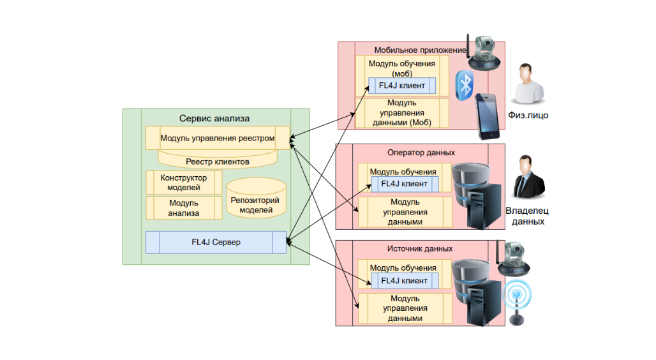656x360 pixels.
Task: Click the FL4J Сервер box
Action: coord(216,243)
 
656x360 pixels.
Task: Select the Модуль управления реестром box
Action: coord(218,138)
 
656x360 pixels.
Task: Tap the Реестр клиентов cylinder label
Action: coord(218,161)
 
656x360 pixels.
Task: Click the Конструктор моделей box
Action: coord(184,183)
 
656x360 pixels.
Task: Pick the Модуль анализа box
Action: coord(184,208)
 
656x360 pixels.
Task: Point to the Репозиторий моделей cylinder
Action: coord(256,198)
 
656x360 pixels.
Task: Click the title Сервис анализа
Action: coord(214,119)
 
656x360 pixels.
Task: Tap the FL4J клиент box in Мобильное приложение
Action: coord(402,86)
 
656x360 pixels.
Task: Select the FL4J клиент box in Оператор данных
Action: coord(405,184)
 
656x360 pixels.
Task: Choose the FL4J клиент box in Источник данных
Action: coord(405,280)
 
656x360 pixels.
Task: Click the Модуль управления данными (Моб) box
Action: coord(402,113)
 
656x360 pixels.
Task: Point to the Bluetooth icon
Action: coord(465,86)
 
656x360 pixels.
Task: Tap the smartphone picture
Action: coord(488,116)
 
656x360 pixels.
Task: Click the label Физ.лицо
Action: coord(528,115)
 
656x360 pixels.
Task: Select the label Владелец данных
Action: coord(528,216)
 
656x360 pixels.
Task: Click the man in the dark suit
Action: coord(529,177)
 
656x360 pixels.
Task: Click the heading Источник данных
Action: coord(420,249)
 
